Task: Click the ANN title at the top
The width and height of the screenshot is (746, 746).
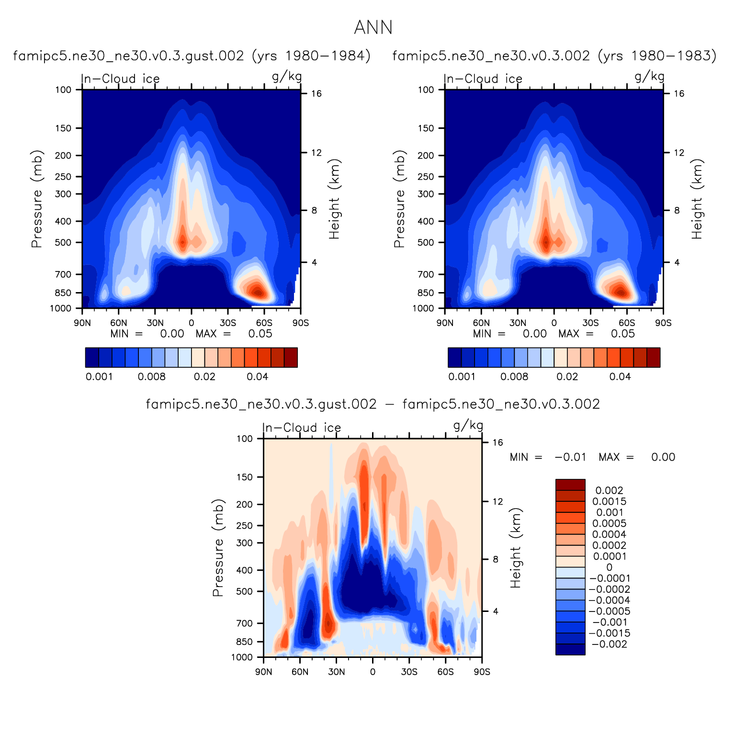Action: (373, 28)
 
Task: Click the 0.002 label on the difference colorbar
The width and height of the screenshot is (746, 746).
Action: (609, 490)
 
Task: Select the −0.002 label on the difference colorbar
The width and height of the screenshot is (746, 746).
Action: (609, 644)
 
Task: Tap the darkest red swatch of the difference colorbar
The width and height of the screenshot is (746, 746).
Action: (570, 485)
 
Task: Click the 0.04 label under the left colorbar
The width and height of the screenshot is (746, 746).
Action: (257, 377)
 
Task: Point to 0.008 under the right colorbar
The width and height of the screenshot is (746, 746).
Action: (514, 377)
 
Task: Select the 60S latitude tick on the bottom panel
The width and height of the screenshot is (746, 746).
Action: (445, 672)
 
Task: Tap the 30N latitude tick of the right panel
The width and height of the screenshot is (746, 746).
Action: (518, 323)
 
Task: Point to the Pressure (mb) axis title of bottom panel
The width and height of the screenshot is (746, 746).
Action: (218, 548)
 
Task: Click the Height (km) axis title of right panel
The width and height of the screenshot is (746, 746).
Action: (697, 199)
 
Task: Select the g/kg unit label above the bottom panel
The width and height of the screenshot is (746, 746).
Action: (468, 425)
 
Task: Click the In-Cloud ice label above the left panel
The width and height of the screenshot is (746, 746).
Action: (120, 79)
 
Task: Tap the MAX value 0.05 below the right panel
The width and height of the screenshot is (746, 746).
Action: (622, 334)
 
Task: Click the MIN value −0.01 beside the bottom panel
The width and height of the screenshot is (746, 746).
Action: (570, 457)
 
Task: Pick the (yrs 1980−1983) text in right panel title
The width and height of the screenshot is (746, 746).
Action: (657, 56)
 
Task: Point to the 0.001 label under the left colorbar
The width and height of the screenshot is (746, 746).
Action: (99, 377)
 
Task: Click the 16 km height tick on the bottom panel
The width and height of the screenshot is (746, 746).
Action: (498, 442)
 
